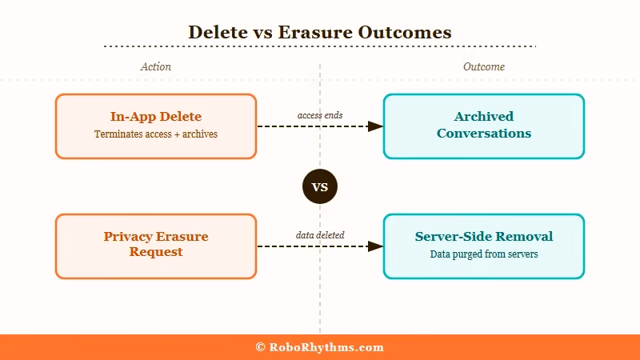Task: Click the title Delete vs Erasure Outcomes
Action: pyautogui.click(x=320, y=32)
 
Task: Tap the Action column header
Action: pyautogui.click(x=156, y=67)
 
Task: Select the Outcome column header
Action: pyautogui.click(x=484, y=67)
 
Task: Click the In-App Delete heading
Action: pyautogui.click(x=156, y=117)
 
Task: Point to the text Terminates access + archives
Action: pyautogui.click(x=156, y=134)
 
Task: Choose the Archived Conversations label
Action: pyautogui.click(x=484, y=125)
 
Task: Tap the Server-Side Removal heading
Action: pyautogui.click(x=484, y=237)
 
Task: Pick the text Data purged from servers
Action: pyautogui.click(x=484, y=254)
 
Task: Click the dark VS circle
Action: pyautogui.click(x=320, y=188)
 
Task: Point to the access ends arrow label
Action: pyautogui.click(x=320, y=115)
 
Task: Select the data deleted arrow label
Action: pyautogui.click(x=320, y=235)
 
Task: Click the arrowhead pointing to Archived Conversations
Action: pyautogui.click(x=375, y=126)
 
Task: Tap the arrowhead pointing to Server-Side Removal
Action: pyautogui.click(x=375, y=246)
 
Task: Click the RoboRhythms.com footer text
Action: pyautogui.click(x=326, y=347)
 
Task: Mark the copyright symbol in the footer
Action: pyautogui.click(x=261, y=347)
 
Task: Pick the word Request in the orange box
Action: pyautogui.click(x=156, y=252)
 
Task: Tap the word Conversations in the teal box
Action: pyautogui.click(x=484, y=134)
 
